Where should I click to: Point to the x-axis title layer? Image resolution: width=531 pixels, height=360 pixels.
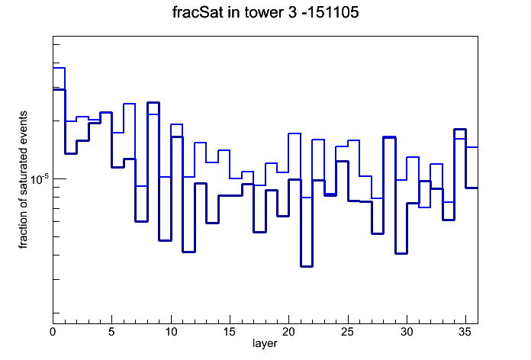pos(265,343)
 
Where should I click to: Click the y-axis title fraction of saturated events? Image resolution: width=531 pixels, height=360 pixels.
pos(23,180)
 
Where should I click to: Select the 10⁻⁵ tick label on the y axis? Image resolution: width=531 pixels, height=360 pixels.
pos(39,178)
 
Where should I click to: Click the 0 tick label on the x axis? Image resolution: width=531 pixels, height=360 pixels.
pos(53,332)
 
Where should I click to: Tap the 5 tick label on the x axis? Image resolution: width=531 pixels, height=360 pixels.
pos(111,332)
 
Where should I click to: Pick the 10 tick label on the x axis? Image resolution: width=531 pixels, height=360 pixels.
pos(171,332)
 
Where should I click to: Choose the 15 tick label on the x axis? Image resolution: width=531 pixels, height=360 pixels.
pos(230,332)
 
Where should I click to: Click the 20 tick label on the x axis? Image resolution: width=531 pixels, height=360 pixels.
pos(288,332)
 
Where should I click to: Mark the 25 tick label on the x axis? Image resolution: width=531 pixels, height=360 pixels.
pos(348,332)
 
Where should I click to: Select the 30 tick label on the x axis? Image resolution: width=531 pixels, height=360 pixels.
pos(407,332)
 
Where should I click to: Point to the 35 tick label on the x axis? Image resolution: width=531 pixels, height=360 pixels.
pos(465,332)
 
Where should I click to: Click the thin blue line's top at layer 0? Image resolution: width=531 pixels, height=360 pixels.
pos(59,68)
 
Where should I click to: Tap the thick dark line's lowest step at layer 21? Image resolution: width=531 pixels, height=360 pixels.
pos(307,266)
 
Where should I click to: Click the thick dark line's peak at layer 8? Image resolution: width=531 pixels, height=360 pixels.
pos(153,102)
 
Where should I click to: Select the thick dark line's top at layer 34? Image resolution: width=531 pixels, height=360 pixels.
pos(460,130)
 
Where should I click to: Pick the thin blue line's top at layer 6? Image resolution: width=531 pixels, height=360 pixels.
pos(130,104)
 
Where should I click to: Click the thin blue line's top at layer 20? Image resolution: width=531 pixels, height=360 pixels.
pos(294,133)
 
